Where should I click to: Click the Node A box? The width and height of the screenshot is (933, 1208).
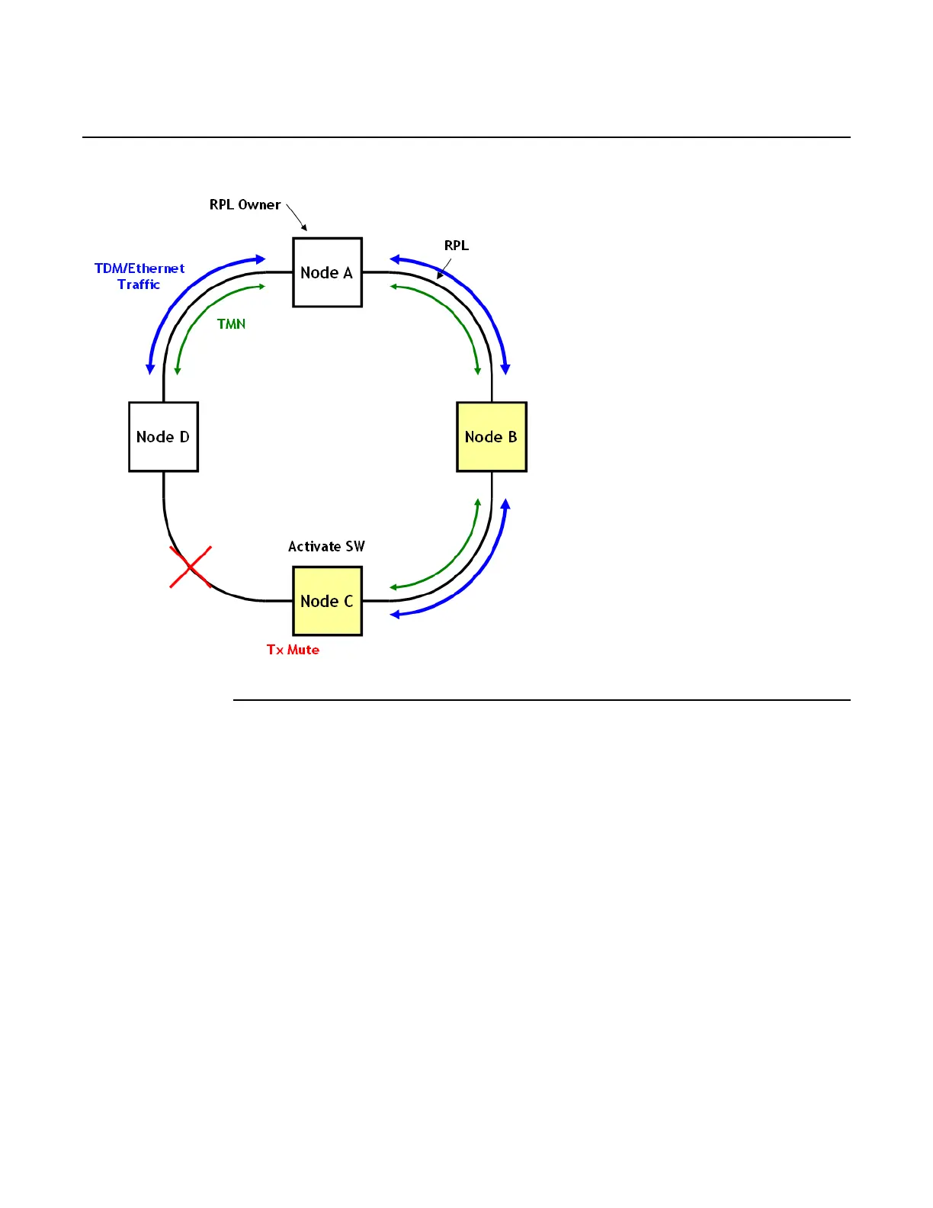(x=327, y=272)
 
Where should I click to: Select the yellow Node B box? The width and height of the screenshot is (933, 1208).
(x=491, y=437)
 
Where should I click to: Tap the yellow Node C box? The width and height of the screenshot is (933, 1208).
(x=327, y=601)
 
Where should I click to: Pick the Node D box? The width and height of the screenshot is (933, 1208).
(x=163, y=437)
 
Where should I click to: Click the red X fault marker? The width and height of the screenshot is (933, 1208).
(x=190, y=567)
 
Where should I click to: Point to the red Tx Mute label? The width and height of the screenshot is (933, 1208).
(x=293, y=650)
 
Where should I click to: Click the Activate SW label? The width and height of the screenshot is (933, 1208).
(x=326, y=546)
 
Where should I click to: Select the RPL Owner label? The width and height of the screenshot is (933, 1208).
(x=245, y=204)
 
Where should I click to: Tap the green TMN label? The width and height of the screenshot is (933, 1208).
(x=231, y=324)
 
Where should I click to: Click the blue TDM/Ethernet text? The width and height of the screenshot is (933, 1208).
(x=139, y=268)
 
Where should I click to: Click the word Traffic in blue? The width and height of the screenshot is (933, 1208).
(x=139, y=284)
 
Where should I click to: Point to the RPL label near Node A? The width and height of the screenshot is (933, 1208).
(x=456, y=246)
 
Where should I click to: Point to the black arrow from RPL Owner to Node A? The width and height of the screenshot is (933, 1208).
(x=297, y=217)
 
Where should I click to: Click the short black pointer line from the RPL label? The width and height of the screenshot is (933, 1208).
(x=444, y=268)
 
